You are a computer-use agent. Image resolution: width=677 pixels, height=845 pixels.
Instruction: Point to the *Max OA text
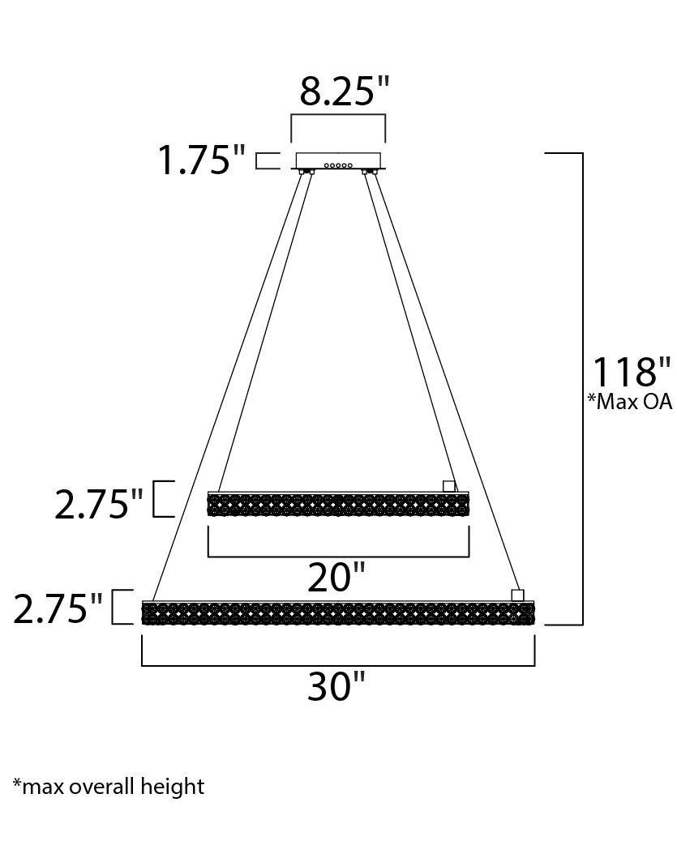[630, 402]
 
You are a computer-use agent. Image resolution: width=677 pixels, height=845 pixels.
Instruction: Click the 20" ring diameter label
[337, 578]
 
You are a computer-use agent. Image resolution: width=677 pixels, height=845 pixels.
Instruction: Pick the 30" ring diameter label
[337, 687]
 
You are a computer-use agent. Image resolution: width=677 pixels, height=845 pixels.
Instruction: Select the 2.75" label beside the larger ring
[58, 609]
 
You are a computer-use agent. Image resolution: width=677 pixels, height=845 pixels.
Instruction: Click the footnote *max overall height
[109, 785]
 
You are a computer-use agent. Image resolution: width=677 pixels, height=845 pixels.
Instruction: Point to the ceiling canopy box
[338, 160]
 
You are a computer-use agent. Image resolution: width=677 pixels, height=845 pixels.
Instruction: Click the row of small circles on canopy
[338, 165]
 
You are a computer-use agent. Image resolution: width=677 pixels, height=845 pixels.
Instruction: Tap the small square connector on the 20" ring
[449, 486]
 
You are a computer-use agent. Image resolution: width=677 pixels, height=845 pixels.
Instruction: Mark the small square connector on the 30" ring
[517, 595]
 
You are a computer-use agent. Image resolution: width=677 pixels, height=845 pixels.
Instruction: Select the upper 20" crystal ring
[338, 505]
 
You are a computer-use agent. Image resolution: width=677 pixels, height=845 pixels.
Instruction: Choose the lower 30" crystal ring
[338, 613]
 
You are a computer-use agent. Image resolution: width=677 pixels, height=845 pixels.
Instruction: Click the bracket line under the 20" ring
[338, 557]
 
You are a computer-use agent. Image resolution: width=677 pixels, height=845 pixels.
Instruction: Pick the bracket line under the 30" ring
[338, 665]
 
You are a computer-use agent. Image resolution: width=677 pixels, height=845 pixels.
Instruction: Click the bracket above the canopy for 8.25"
[338, 116]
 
